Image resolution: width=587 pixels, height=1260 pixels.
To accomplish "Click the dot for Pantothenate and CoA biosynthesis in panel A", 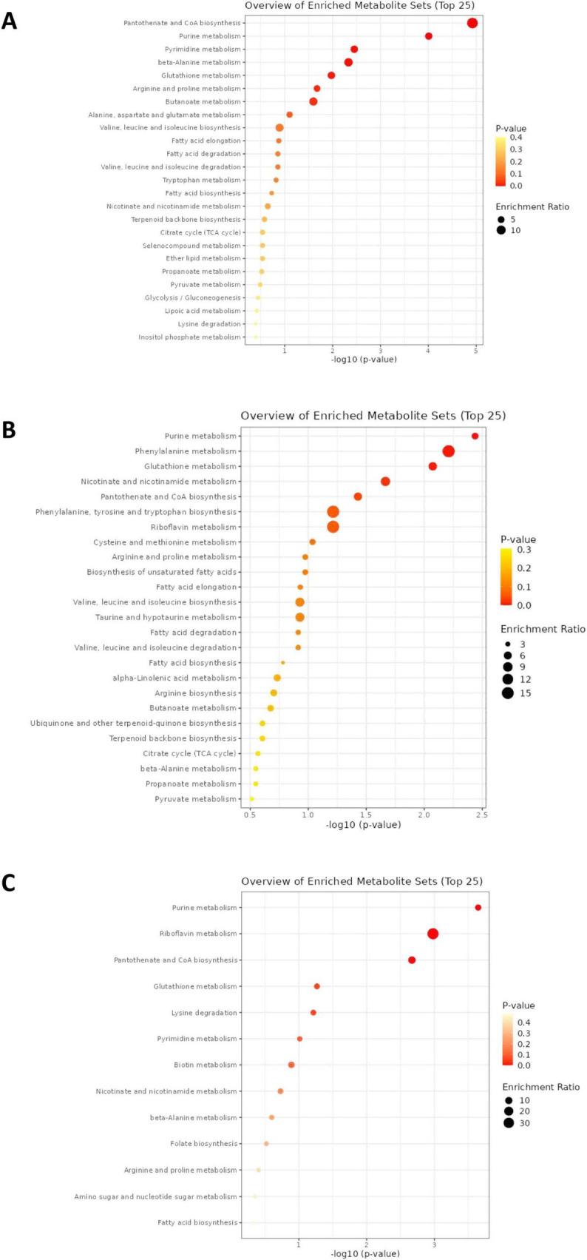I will (472, 23).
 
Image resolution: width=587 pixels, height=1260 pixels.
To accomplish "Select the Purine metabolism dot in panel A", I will (429, 36).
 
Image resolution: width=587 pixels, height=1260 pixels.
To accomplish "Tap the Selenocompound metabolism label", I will (191, 246).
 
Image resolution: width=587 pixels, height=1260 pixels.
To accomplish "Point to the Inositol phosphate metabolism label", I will (189, 337).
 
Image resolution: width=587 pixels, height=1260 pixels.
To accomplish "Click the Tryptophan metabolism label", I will (201, 180).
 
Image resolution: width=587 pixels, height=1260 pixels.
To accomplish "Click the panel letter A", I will (10, 20).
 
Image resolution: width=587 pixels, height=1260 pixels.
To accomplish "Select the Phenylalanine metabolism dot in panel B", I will (448, 451).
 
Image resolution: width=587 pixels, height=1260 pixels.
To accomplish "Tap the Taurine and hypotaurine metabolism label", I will (166, 617).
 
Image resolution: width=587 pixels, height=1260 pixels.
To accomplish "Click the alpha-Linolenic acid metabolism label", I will (174, 678).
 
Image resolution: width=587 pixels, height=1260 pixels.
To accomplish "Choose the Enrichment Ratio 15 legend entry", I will (508, 693).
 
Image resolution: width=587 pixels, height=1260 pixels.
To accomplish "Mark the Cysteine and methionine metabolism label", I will (165, 542).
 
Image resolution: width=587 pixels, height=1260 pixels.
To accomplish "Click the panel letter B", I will (10, 430).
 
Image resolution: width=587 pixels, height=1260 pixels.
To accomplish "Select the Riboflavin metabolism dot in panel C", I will (433, 934).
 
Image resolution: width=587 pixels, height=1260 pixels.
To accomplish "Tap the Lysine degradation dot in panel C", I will (313, 1012).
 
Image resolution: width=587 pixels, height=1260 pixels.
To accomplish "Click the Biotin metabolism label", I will (206, 1065).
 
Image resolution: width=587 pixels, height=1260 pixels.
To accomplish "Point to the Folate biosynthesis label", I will (203, 1144).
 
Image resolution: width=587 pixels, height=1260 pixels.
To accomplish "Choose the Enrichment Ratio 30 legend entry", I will (509, 1123).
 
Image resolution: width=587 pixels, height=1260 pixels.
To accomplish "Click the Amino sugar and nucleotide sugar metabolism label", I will (155, 1196).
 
